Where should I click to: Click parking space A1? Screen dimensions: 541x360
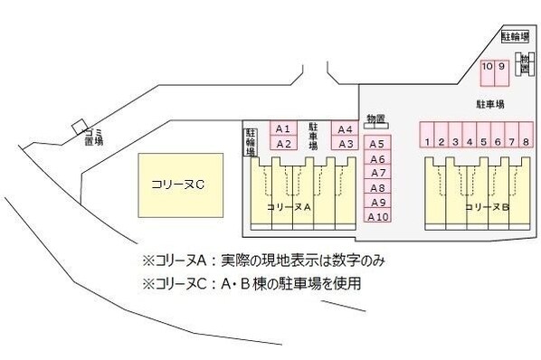pyautogui.click(x=282, y=128)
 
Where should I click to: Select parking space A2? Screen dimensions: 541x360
pyautogui.click(x=282, y=143)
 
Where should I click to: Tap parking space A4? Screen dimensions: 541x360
pyautogui.click(x=345, y=128)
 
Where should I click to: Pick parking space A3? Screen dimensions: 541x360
pyautogui.click(x=345, y=143)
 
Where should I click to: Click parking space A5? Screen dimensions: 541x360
pyautogui.click(x=378, y=143)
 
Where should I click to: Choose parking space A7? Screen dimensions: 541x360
pyautogui.click(x=378, y=173)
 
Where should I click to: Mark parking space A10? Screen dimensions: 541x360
pyautogui.click(x=378, y=216)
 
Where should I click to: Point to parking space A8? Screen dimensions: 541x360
pyautogui.click(x=378, y=187)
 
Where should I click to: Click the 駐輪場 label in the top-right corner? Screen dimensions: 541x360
pyautogui.click(x=515, y=38)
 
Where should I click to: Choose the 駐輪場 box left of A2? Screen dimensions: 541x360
pyautogui.click(x=251, y=143)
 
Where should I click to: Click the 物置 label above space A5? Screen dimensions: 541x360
pyautogui.click(x=375, y=119)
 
